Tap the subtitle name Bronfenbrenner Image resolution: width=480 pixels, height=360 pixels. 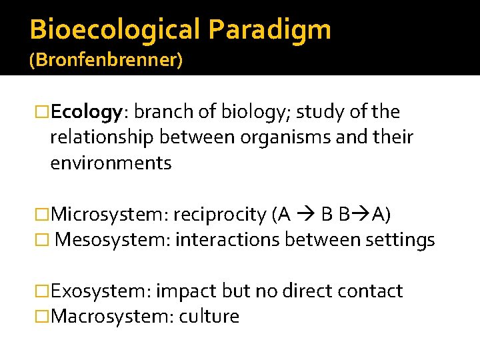[105, 60]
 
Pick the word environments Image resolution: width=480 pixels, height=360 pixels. [111, 163]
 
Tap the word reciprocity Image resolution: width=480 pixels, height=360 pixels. [220, 214]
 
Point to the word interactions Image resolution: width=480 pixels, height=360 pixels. [227, 239]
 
